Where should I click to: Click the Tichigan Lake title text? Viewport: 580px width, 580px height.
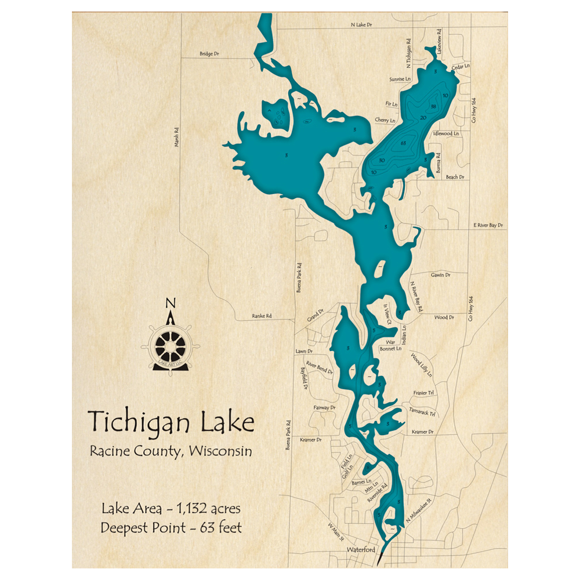coord(171,422)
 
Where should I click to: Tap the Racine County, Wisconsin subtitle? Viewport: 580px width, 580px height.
coord(171,451)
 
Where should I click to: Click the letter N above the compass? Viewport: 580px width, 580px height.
coord(170,303)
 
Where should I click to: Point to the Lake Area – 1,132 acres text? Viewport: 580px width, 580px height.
coord(171,509)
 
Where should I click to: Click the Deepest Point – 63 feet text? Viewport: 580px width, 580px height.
coord(171,528)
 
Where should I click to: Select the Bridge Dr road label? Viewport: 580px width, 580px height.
coord(209,54)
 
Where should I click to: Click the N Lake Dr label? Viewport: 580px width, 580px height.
coord(361,25)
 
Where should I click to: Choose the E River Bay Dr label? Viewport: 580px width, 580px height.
coord(488,224)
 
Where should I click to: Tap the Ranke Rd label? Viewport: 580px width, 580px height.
coord(262,316)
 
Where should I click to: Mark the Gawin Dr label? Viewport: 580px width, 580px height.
coord(440,275)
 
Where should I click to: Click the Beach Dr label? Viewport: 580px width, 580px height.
coord(455,177)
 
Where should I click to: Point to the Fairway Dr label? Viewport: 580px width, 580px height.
coord(324,408)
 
